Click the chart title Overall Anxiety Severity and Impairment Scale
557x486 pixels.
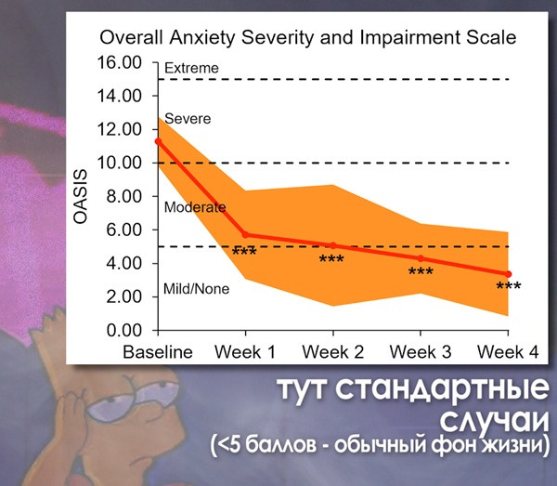click(306, 38)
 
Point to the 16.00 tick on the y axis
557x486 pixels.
click(122, 62)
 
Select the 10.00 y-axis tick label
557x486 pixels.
click(122, 163)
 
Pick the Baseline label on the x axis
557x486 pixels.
click(158, 352)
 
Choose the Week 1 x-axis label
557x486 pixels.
click(245, 352)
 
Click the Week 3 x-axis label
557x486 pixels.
click(421, 352)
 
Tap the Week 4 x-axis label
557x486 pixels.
click(507, 352)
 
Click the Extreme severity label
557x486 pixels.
click(190, 68)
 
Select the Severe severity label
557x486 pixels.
click(187, 119)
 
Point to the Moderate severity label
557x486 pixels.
click(194, 207)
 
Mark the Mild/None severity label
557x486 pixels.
click(196, 289)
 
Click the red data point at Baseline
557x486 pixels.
click(158, 141)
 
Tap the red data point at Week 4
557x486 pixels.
click(508, 274)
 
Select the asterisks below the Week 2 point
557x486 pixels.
click(331, 259)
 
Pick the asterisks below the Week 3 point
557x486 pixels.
click(421, 272)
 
